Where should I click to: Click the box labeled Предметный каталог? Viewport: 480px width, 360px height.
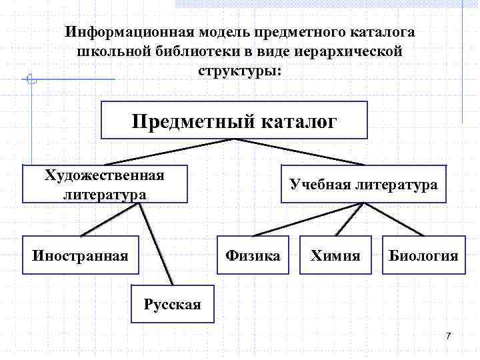point(234,120)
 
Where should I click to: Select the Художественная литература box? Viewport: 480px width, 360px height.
point(105,184)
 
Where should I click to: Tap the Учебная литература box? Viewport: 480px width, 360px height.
point(363,184)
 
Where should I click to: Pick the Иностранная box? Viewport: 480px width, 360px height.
point(81,255)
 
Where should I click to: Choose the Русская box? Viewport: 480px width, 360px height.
point(172,305)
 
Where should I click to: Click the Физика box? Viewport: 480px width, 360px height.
point(253,255)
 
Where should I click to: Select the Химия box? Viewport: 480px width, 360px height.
point(335,255)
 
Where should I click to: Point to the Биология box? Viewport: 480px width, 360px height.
point(424,255)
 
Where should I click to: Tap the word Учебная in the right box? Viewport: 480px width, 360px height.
point(317,184)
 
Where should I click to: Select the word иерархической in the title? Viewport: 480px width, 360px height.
point(350,51)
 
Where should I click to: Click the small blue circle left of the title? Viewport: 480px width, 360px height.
point(29,79)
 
